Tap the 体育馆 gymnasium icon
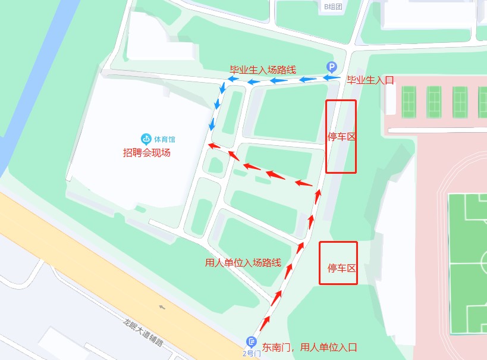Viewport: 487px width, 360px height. [146, 139]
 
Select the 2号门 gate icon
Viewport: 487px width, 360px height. [252, 342]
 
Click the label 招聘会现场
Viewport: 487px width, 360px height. [147, 152]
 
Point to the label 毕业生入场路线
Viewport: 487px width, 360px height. [263, 70]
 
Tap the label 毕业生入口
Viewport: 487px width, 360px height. [370, 80]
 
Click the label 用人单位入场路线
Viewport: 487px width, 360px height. [243, 262]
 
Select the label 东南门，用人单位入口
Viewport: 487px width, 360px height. [309, 348]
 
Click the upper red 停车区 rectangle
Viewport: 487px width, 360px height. [341, 136]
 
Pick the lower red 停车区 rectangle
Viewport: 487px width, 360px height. [338, 263]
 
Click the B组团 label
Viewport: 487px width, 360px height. [333, 7]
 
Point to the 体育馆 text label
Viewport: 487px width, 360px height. [165, 139]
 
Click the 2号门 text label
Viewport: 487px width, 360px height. [252, 353]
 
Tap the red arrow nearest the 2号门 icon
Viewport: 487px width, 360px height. [262, 324]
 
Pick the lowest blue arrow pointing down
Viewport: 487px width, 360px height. [212, 124]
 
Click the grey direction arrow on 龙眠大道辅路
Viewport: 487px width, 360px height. [162, 308]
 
